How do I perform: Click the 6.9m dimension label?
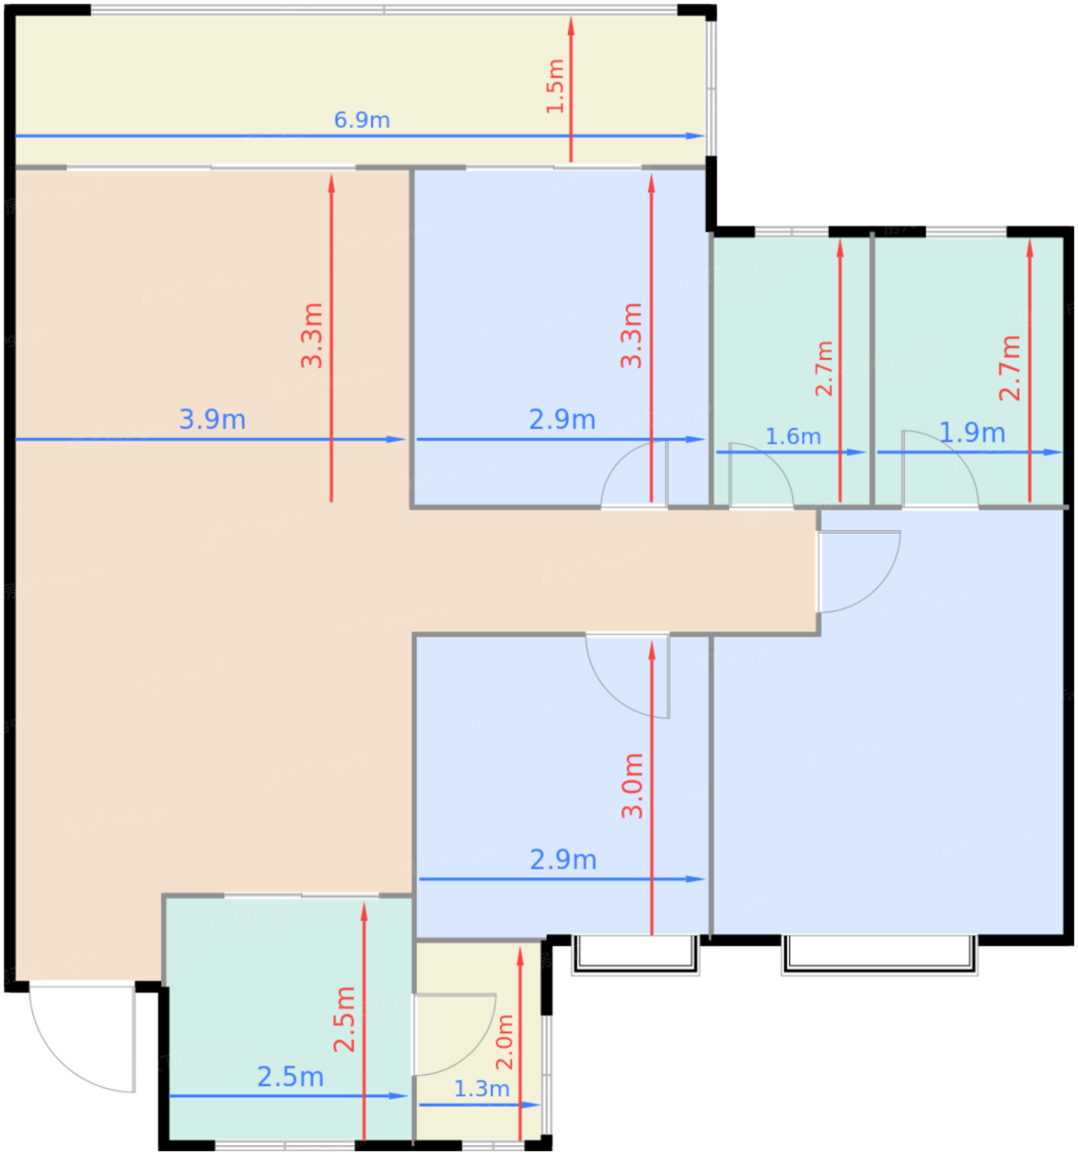362,120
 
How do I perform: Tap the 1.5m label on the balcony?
556,86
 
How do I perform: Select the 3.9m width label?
212,419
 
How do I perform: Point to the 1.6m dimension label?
792,436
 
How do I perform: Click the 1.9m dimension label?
972,432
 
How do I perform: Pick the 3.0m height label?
632,785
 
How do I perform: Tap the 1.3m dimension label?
481,1089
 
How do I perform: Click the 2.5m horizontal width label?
291,1077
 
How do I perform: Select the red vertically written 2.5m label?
344,1020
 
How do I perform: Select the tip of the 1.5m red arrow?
570,17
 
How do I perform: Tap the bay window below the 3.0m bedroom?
635,955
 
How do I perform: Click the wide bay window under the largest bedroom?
879,955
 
